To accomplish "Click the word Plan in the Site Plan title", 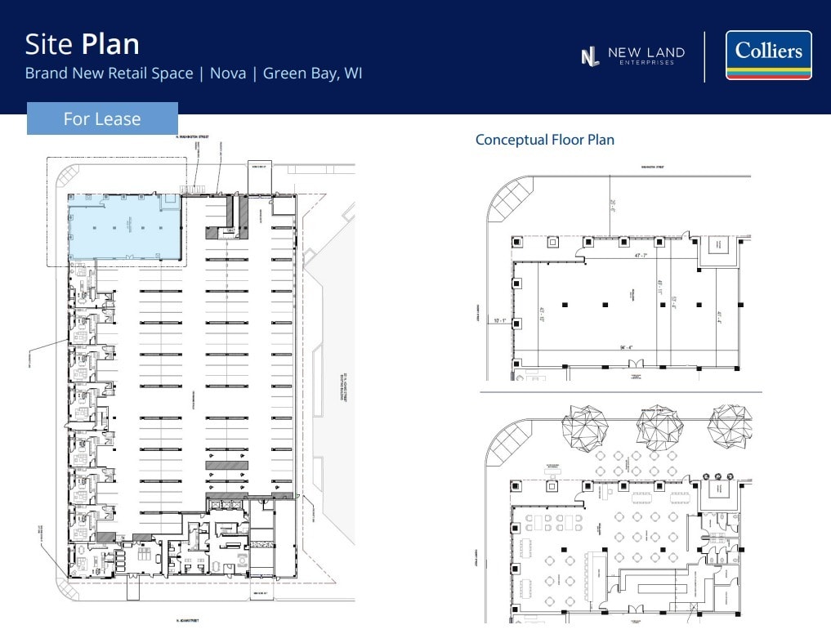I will tap(110, 43).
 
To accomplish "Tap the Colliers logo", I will tap(768, 55).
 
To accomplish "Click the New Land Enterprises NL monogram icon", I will tap(589, 56).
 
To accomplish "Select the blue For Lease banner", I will tap(102, 118).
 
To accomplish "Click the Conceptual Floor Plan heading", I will tap(544, 140).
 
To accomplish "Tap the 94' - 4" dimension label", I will tap(627, 348).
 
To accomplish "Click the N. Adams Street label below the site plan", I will tap(189, 621).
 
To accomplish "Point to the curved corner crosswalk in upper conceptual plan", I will tap(511, 199).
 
